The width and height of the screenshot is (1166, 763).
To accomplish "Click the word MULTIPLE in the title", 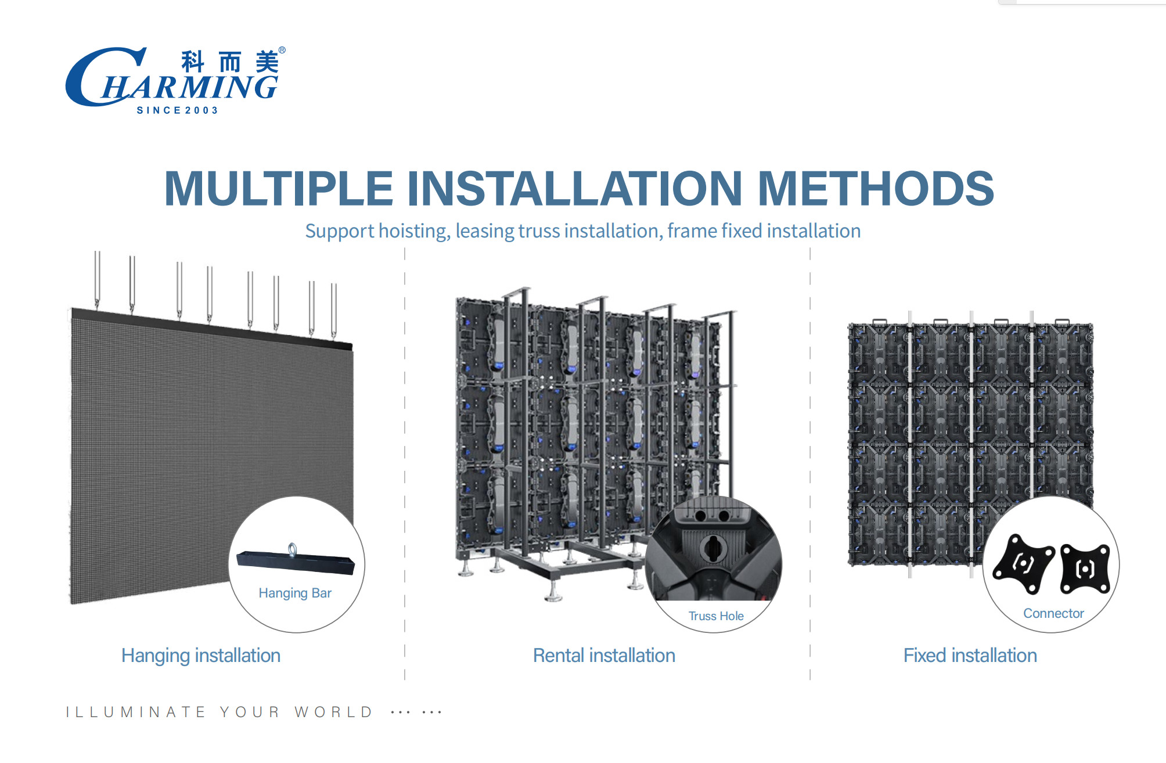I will pos(279,189).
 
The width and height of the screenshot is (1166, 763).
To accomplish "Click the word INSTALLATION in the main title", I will pos(575,189).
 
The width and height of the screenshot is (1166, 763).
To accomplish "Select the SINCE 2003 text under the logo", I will pos(177,110).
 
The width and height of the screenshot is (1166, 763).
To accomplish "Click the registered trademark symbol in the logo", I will pos(282,51).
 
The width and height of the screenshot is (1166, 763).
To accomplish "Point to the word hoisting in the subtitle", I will pos(415,231).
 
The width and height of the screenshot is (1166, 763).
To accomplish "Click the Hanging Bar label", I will pos(295,593).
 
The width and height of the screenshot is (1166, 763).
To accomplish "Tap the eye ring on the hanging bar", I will pos(293,549).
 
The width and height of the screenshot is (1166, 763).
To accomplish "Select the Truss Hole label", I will pos(716,616).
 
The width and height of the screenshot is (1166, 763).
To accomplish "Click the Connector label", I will pos(1053,613).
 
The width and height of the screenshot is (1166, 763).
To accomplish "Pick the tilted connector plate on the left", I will pos(1023,563).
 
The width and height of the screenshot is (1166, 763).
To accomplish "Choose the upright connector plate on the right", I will pos(1085,568).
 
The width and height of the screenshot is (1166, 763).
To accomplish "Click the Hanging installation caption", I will pos(201,656).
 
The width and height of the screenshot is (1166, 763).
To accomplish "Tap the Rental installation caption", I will pos(604,656).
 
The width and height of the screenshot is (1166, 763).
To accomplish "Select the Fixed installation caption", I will pos(970,656).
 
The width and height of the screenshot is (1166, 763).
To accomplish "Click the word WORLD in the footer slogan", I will pos(334,712).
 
